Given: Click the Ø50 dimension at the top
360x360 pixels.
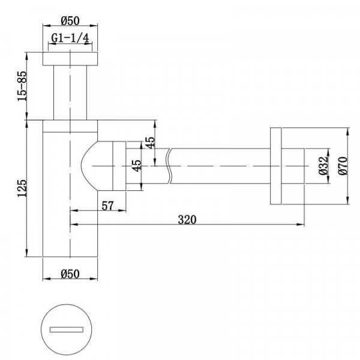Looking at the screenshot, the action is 70,20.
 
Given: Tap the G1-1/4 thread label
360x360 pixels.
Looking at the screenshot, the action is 70,38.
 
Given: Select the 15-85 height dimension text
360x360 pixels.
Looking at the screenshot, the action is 22,86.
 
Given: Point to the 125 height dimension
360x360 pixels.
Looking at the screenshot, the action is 22,188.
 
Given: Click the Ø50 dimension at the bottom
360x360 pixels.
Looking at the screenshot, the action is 70,274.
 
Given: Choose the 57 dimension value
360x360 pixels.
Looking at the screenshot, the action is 107,206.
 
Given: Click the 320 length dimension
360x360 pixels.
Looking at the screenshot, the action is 187,220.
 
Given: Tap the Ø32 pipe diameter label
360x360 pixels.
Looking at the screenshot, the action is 323,166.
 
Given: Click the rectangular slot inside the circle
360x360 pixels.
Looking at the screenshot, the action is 67,329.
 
